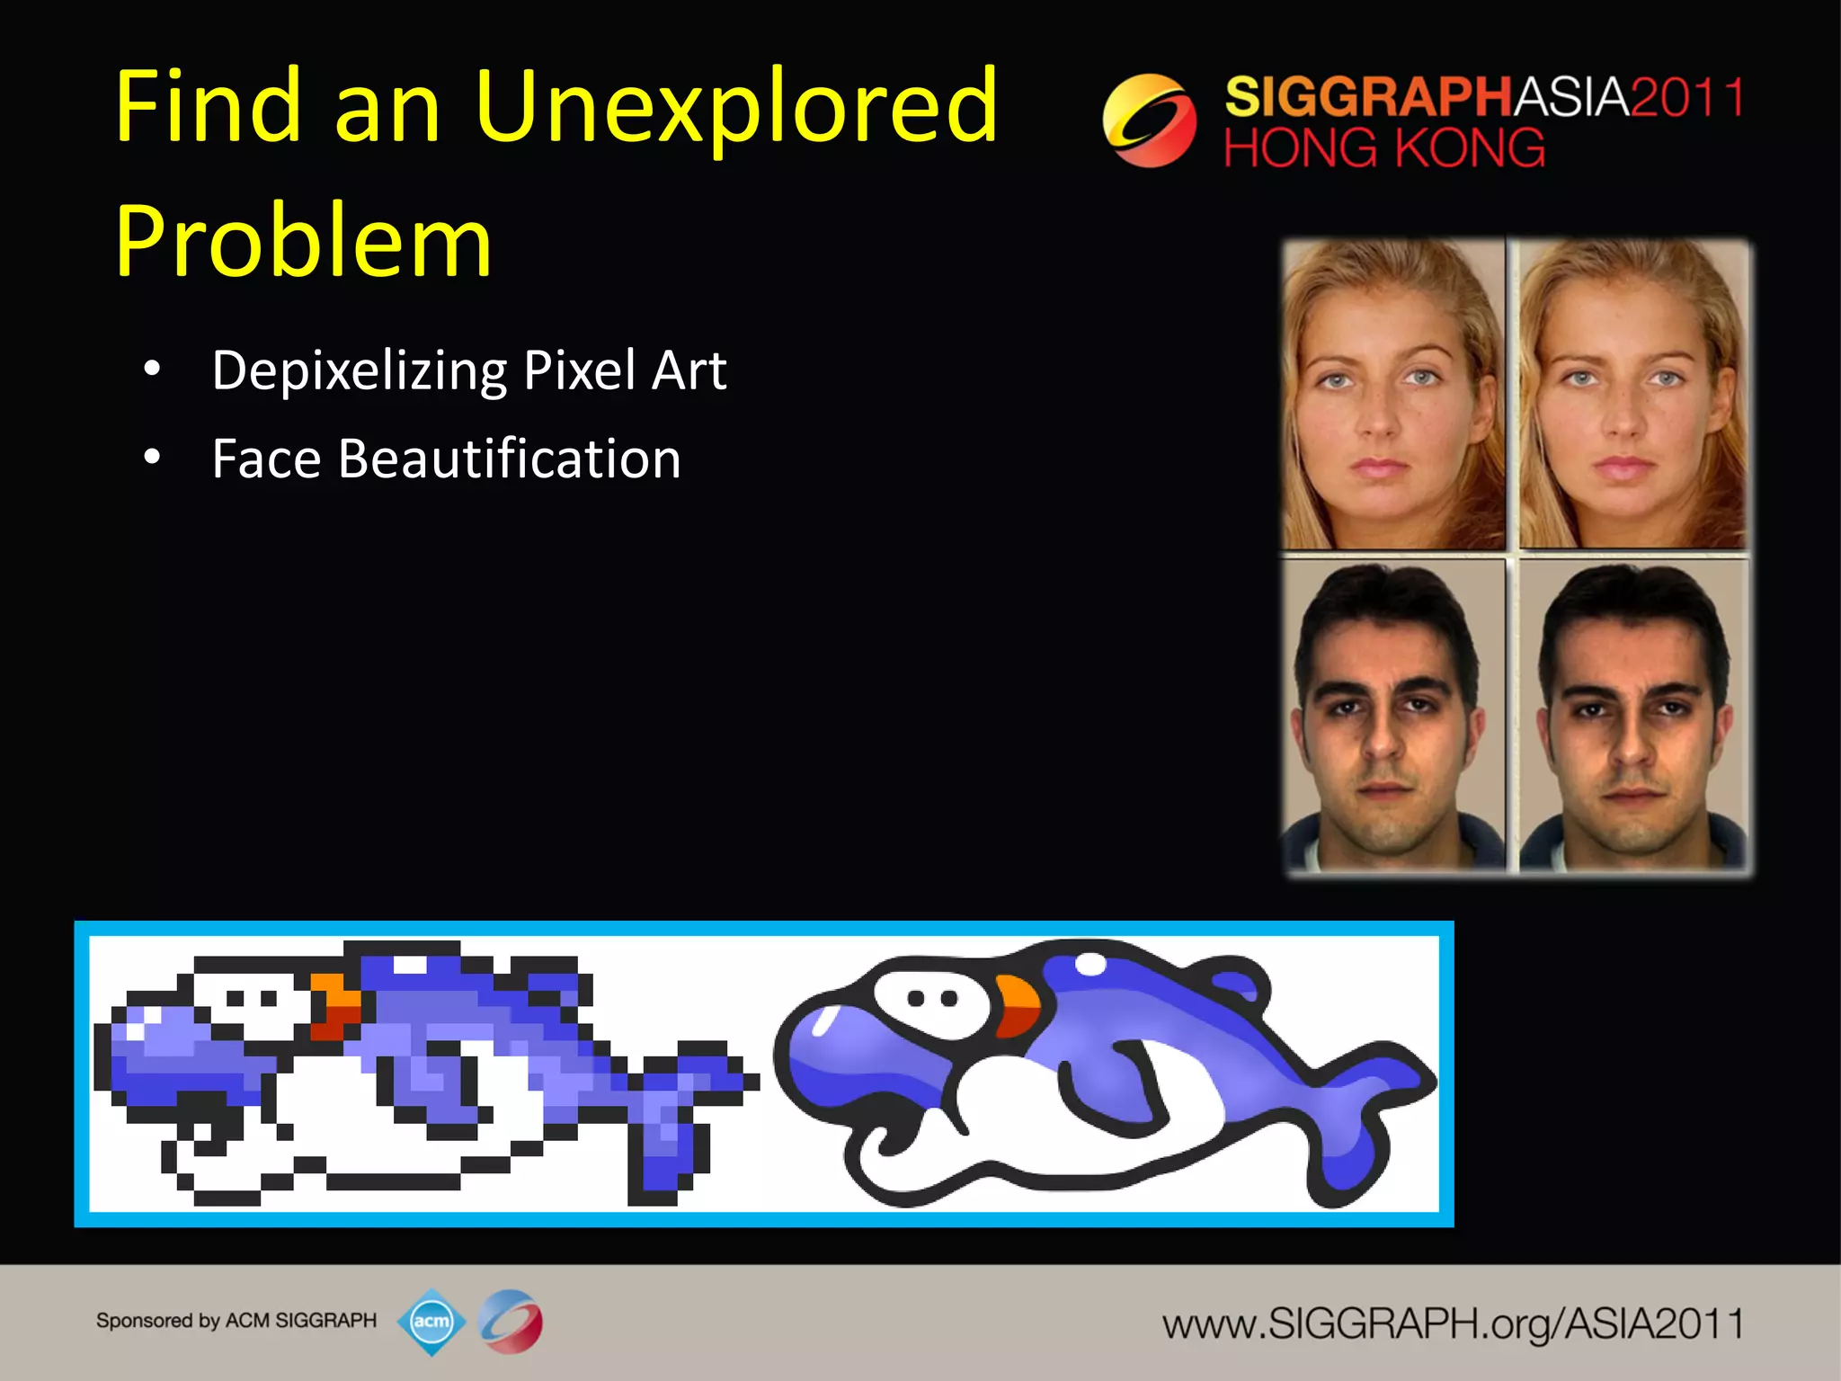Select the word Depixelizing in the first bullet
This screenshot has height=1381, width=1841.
point(360,371)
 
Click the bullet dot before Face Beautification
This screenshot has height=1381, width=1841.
point(152,458)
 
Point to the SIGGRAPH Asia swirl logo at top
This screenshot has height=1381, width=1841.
point(1149,120)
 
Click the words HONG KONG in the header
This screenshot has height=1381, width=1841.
point(1383,149)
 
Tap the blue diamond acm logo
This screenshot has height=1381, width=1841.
point(431,1321)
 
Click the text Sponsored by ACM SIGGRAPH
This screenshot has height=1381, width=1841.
point(236,1321)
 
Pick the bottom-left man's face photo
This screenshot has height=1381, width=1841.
point(1392,716)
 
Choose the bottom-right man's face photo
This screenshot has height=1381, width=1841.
point(1632,716)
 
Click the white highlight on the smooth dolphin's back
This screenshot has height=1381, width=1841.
point(1090,965)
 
